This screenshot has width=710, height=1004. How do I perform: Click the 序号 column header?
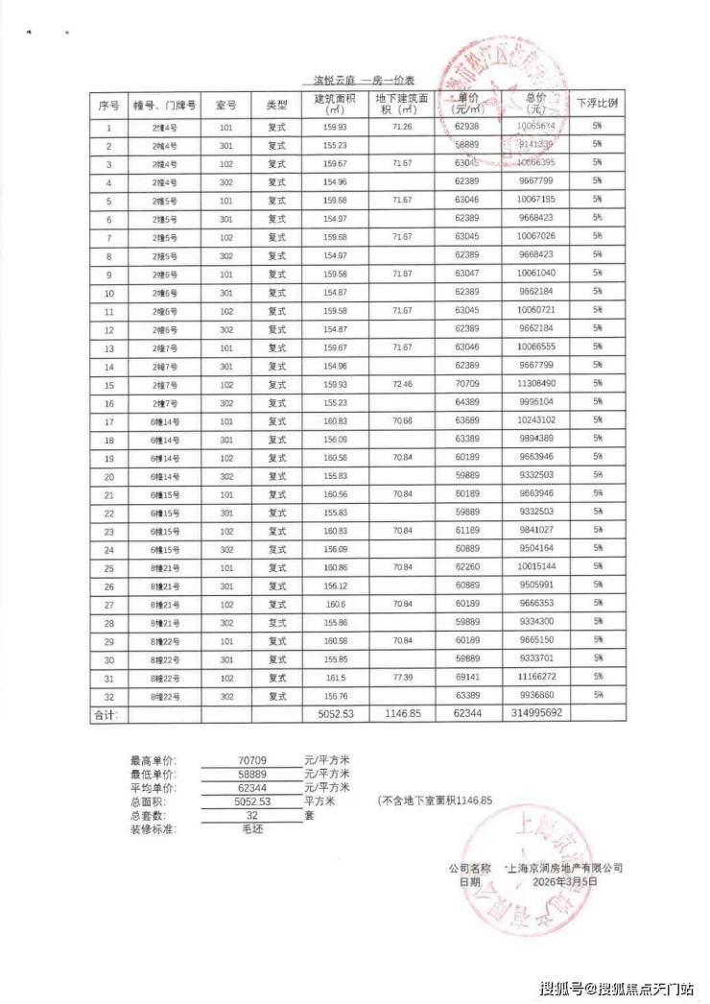pos(108,104)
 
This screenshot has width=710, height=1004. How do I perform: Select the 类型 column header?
pos(277,104)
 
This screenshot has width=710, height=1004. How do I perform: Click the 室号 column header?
pos(226,104)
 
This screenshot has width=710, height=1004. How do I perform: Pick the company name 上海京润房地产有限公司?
pos(563,867)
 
